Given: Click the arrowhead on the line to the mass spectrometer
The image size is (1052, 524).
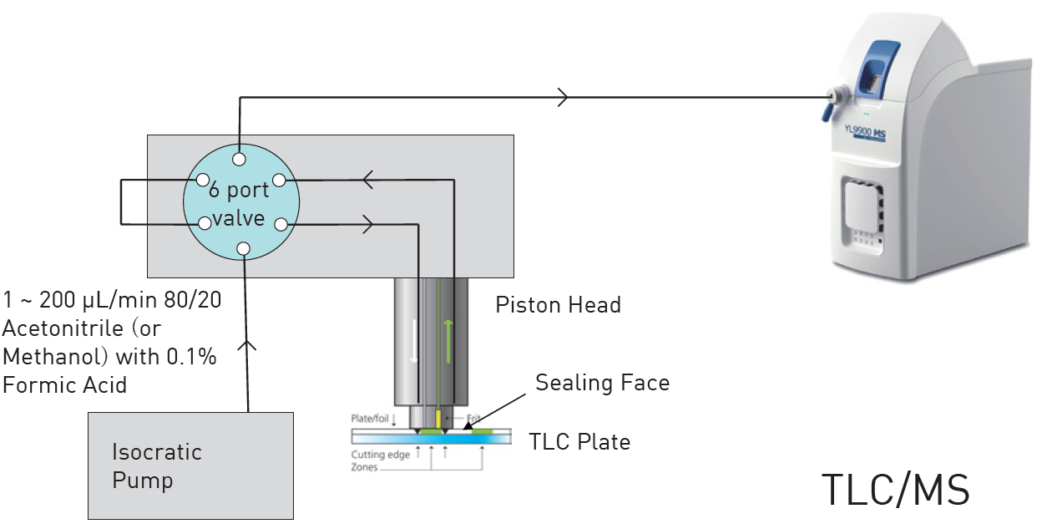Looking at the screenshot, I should (x=563, y=97).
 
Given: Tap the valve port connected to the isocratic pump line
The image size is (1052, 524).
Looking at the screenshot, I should (x=243, y=248).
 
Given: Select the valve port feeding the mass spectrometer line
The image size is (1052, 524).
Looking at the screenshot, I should (x=240, y=159).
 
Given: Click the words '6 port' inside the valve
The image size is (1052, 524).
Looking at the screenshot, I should (x=239, y=191).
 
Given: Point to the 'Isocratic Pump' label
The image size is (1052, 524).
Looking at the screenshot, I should (x=157, y=466).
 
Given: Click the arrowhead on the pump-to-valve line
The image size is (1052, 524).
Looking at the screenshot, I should (x=248, y=344).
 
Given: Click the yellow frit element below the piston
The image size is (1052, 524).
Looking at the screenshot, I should (x=437, y=416).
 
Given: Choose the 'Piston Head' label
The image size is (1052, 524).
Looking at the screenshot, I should (x=558, y=305).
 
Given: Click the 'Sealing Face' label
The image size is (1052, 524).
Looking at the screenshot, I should (x=602, y=383).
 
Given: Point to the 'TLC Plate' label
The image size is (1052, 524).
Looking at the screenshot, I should (x=579, y=441).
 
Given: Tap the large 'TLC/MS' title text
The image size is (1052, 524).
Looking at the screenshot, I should (x=896, y=490).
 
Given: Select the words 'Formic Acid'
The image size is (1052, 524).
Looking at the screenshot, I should (x=65, y=385).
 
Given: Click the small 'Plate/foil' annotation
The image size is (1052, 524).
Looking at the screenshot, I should (x=367, y=416).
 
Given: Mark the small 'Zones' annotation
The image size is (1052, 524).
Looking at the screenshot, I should (x=364, y=467).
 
